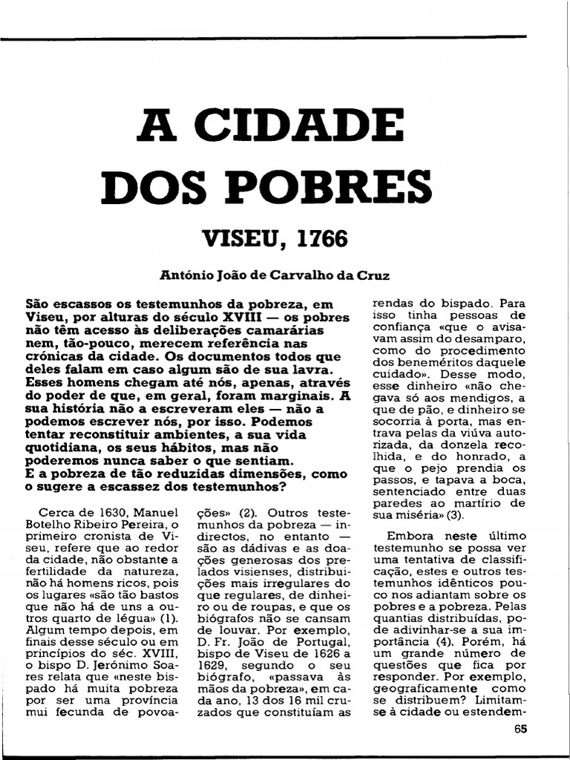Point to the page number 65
(520, 730)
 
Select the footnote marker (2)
(247, 514)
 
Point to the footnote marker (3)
(455, 514)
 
